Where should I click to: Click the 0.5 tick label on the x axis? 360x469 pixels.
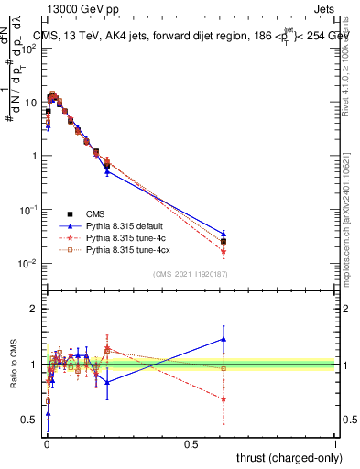click(x=191, y=443)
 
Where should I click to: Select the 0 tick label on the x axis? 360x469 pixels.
click(x=47, y=443)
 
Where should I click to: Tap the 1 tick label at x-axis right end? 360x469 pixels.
click(x=335, y=443)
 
